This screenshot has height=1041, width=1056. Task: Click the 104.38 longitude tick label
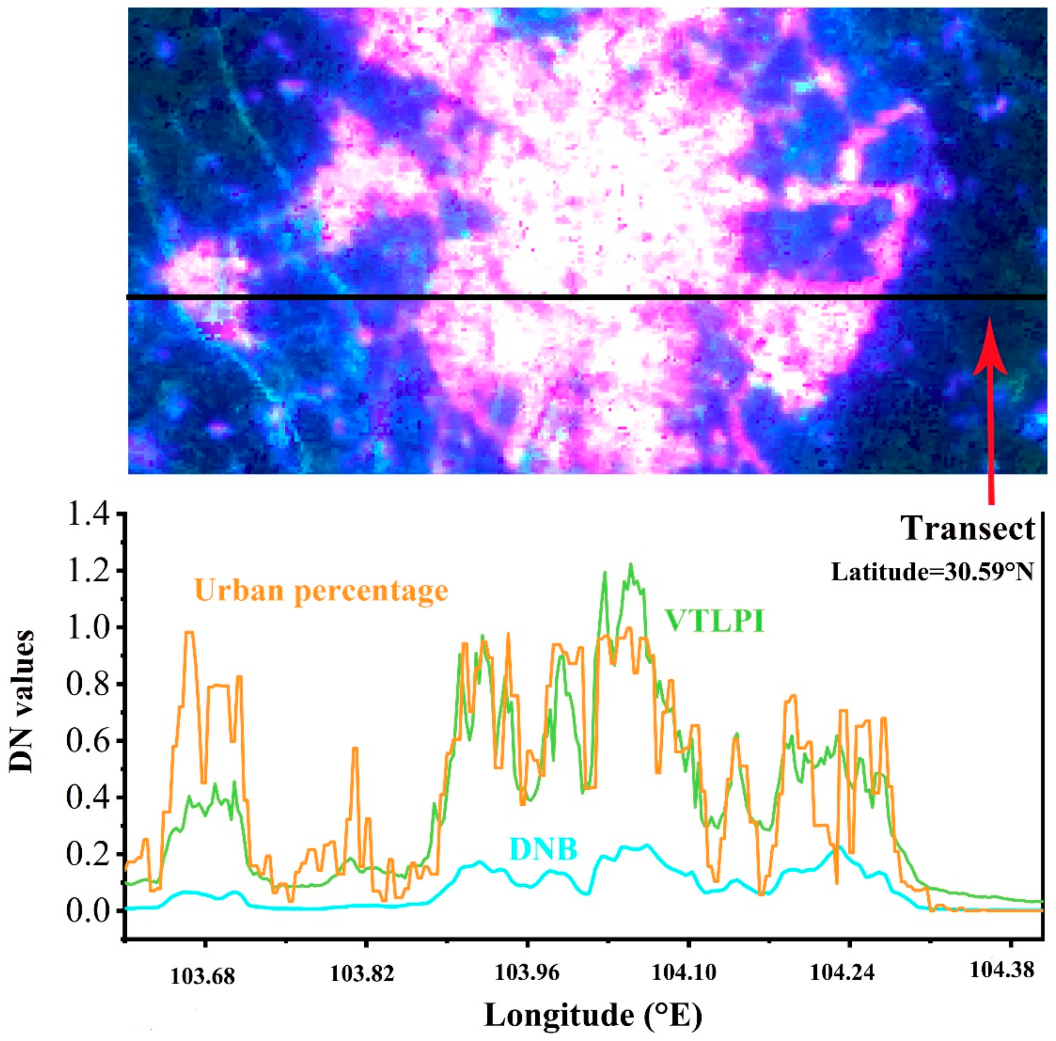coord(1002,970)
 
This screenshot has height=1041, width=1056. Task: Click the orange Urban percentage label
coord(321,591)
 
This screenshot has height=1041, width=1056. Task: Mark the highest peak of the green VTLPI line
coord(631,564)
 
